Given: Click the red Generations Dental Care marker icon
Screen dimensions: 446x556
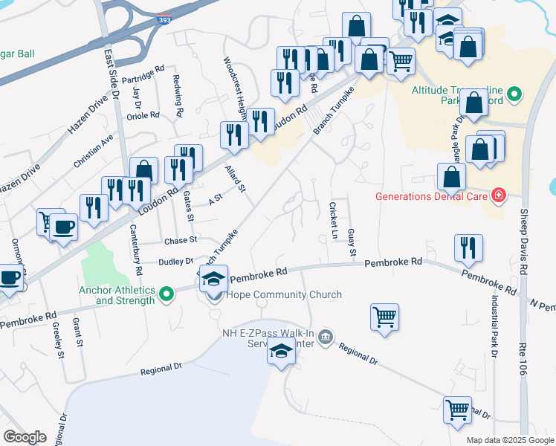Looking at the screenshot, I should point(499,196).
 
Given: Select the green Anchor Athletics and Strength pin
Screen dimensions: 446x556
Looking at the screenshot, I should point(167,295).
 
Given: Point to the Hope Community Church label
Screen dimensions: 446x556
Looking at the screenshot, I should point(285,295).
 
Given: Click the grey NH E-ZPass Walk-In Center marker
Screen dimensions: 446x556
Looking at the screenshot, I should point(325,338).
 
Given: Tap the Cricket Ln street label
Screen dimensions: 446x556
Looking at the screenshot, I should point(334,221).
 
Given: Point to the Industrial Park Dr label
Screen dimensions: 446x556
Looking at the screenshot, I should point(494,326).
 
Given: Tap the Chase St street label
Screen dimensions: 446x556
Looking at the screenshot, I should point(181,240).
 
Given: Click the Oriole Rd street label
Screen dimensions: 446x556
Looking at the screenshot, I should point(144,115).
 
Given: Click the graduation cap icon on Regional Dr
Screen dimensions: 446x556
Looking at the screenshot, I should point(282,352).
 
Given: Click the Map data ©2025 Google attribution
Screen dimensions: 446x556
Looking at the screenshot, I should point(509,440).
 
